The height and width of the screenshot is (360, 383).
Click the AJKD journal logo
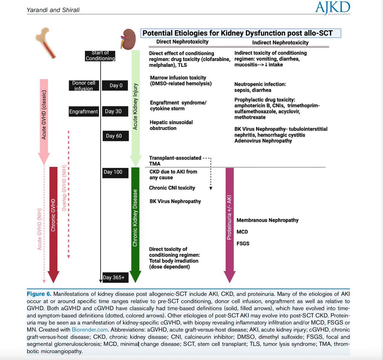coord(332,8)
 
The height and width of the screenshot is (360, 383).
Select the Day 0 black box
coord(116,85)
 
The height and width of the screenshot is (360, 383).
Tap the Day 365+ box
coord(114,277)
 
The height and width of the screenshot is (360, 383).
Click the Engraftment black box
coord(84,111)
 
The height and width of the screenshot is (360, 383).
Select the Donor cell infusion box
coord(84,86)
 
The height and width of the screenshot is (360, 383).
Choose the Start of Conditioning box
coord(100,56)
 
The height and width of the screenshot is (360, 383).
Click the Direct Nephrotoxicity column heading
coord(182,42)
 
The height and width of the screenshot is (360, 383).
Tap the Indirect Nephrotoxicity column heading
coord(280,42)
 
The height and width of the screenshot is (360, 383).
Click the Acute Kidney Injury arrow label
coord(136,106)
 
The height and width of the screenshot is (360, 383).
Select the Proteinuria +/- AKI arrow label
coord(229,217)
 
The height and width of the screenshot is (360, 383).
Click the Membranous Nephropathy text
coord(267,220)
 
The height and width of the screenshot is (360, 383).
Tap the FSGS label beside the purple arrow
coord(243,243)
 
